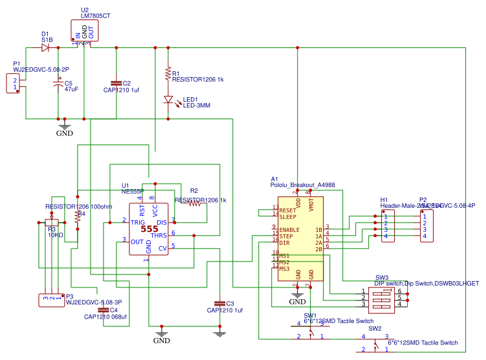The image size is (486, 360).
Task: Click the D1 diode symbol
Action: (x=46, y=47)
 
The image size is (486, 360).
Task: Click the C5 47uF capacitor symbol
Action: (x=58, y=84)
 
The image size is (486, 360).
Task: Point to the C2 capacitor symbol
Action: (x=116, y=84)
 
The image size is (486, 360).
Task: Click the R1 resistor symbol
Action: (x=168, y=73)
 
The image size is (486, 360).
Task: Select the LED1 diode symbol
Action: (x=168, y=100)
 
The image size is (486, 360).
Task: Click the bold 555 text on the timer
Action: (x=149, y=229)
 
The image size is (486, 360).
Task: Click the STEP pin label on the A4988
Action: (x=287, y=236)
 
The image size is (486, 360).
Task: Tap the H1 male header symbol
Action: (x=387, y=227)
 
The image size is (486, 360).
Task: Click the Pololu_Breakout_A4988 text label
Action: (x=302, y=185)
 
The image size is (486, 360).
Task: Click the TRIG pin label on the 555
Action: (x=138, y=222)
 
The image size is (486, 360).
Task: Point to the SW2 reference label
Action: (x=375, y=328)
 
